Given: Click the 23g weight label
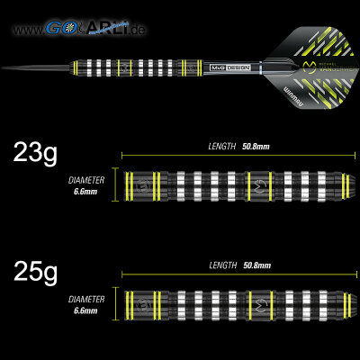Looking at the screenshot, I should (x=35, y=153).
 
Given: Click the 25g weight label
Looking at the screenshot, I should (x=35, y=270).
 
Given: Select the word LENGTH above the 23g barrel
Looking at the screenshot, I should (x=220, y=145).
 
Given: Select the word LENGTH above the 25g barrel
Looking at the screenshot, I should (x=220, y=265).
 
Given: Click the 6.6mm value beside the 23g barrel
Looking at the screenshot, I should (x=86, y=191).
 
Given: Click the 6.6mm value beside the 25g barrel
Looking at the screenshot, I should (x=86, y=311).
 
